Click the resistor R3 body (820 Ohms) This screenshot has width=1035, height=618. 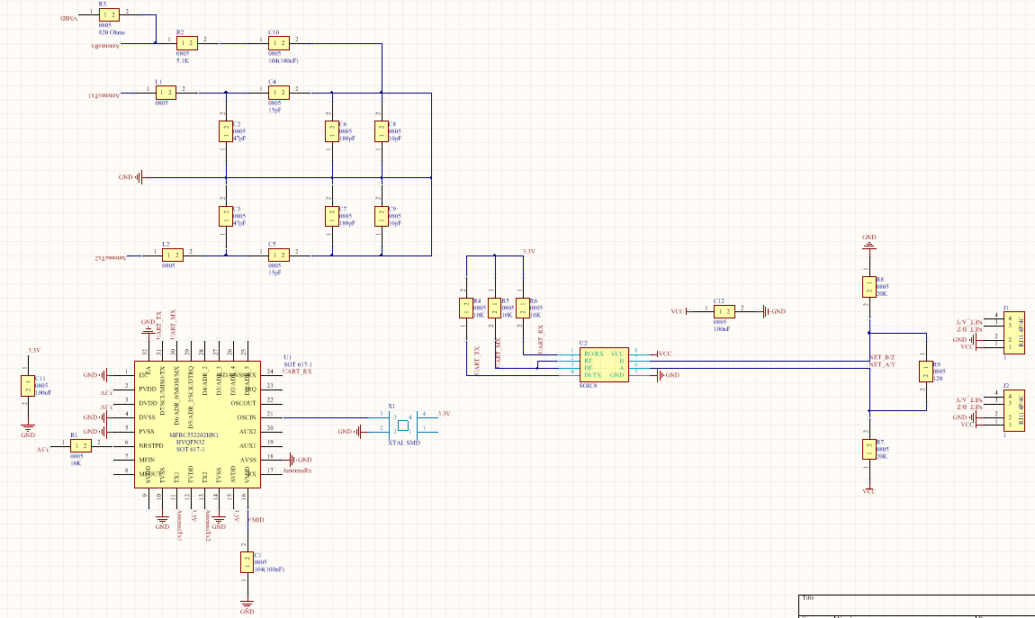109,14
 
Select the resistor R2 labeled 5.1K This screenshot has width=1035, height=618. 187,42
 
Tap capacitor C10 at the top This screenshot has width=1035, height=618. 279,42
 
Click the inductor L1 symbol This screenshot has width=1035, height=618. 165,91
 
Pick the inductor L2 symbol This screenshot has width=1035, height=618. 172,255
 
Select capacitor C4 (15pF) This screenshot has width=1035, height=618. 279,91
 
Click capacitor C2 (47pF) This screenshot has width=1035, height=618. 225,131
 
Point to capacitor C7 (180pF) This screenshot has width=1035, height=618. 331,216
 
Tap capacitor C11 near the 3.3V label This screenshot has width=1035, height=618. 27,385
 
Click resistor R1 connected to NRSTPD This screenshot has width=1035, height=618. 80,445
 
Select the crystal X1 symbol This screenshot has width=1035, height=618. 402,425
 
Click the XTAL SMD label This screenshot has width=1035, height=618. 403,443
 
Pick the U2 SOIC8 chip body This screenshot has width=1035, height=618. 602,363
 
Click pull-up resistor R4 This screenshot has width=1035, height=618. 465,309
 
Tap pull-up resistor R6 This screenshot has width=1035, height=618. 521,309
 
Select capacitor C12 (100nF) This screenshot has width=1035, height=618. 725,311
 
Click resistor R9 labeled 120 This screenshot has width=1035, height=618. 924,372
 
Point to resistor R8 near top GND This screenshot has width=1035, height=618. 868,286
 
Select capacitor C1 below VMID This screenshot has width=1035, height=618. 247,562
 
